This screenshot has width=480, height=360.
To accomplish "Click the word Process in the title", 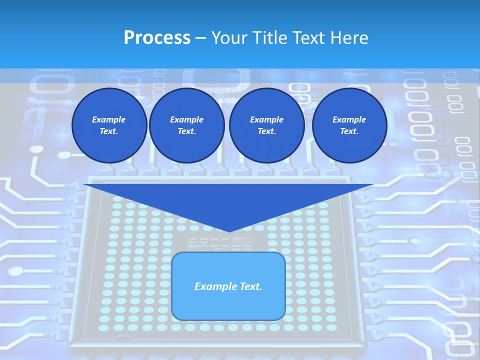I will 157,38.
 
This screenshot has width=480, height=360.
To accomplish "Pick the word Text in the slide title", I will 310,38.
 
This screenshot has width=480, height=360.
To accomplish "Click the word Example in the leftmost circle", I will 109,119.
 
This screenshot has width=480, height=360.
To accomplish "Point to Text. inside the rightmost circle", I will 349,131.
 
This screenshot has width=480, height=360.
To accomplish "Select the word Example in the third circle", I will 266,119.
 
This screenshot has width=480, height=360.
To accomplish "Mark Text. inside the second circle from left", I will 186,131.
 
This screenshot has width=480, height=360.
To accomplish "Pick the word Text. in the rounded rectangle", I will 250,286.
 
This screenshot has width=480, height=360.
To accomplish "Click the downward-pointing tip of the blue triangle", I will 228,231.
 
